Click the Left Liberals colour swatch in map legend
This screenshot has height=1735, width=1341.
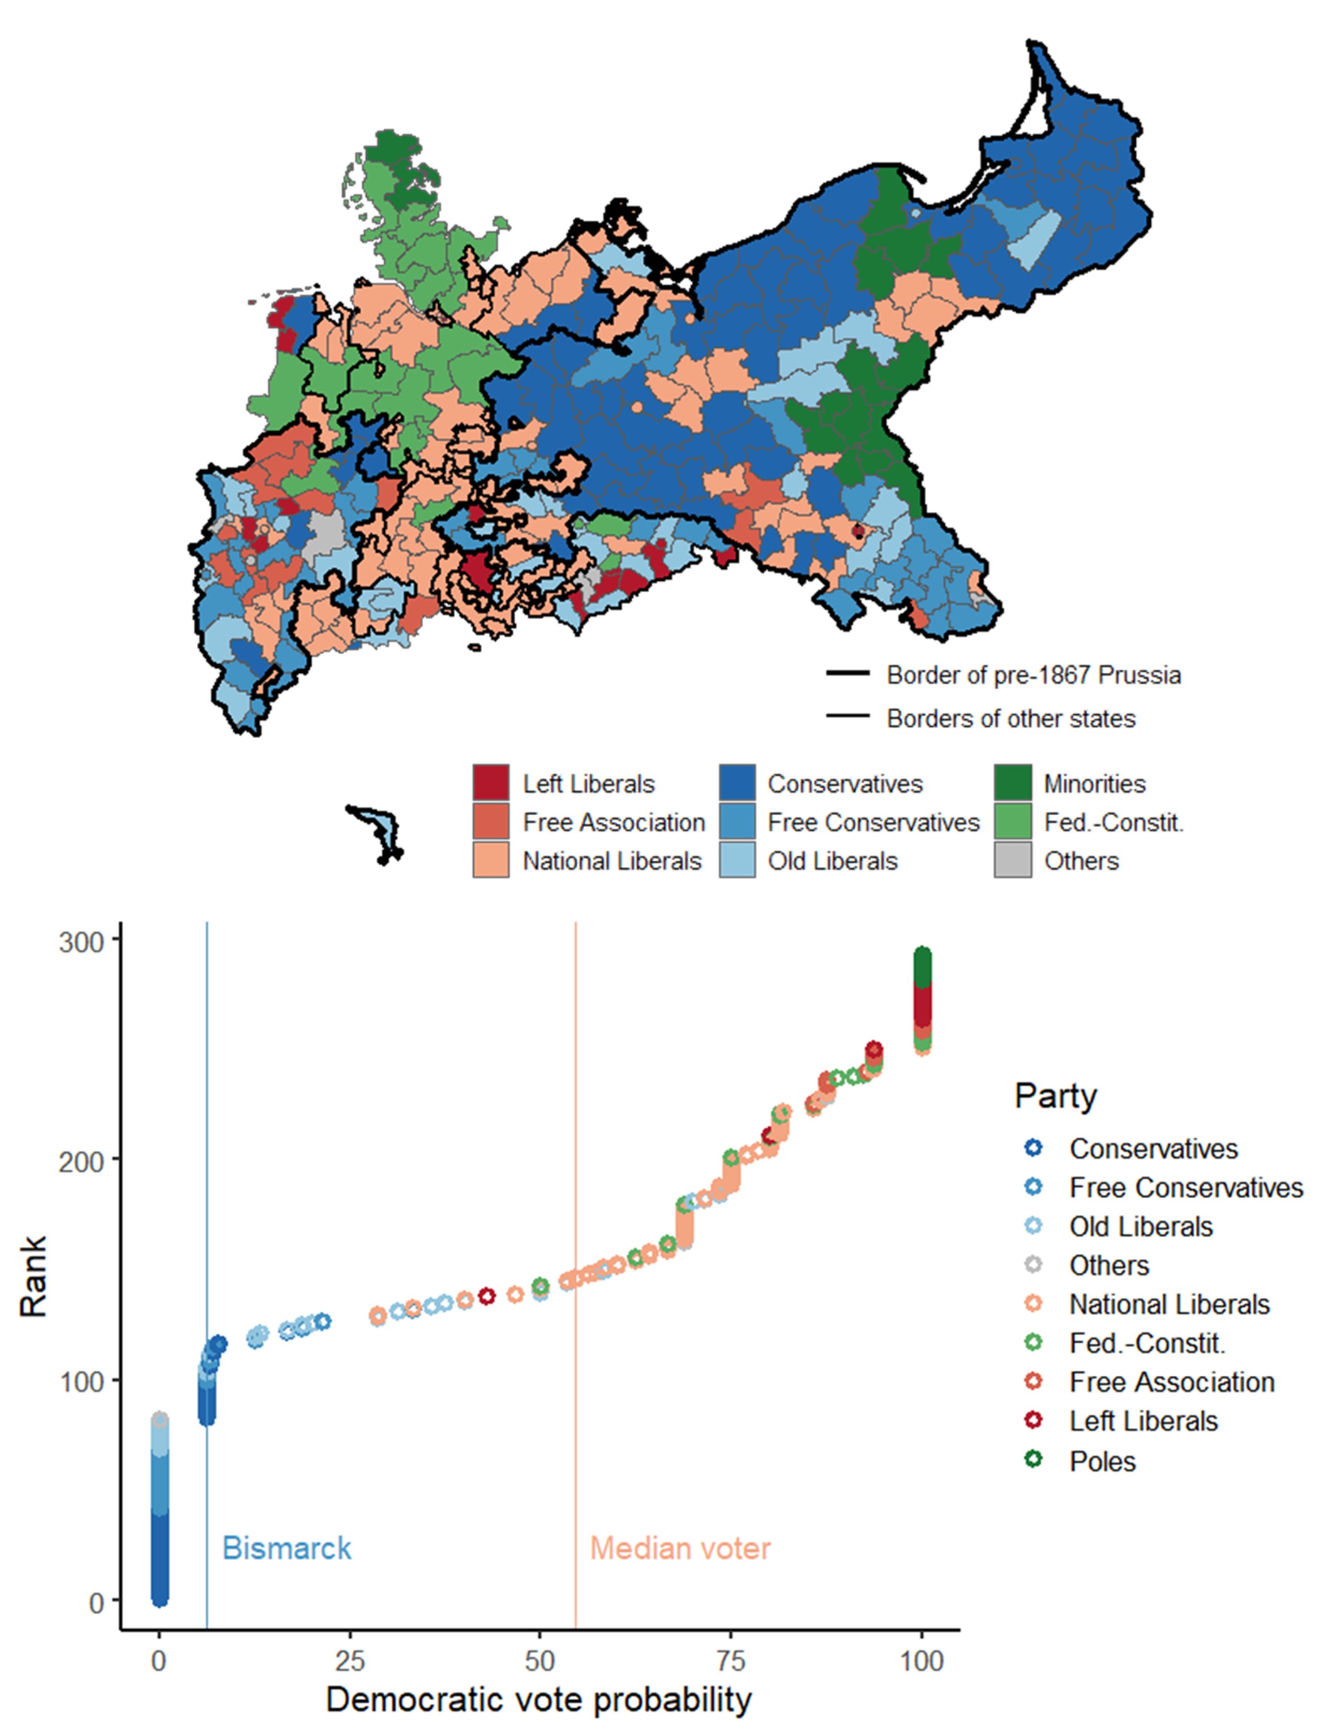[490, 783]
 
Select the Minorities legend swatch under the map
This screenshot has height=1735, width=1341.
[1012, 783]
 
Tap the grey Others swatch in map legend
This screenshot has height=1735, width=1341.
[1012, 860]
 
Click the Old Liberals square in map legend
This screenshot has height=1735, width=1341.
[736, 860]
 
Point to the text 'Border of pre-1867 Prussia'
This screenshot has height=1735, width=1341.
[1032, 675]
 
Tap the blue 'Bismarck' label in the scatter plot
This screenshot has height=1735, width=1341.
[286, 1548]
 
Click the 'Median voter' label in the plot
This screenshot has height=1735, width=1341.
[680, 1548]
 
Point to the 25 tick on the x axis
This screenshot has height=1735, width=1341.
[350, 1660]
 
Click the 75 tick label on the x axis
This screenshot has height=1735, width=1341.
[731, 1660]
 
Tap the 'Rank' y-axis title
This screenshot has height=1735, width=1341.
[33, 1277]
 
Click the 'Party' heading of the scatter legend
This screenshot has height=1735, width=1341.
[1055, 1096]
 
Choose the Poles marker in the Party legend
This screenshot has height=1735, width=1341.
[1034, 1460]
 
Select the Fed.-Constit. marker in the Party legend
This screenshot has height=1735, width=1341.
[1034, 1342]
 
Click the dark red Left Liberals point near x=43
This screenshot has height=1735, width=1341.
[487, 1296]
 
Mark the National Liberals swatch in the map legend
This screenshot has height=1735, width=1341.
[490, 860]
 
